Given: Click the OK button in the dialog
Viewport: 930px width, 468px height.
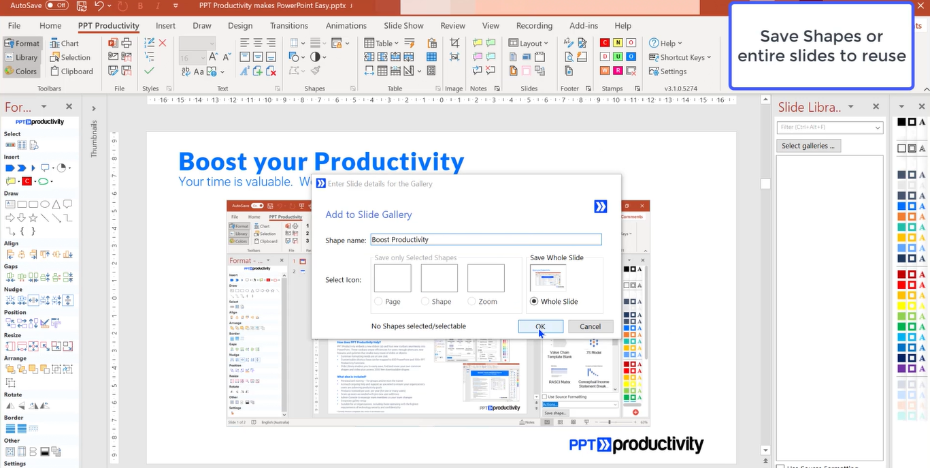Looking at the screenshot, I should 540,326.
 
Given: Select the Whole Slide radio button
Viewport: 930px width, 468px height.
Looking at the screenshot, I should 534,301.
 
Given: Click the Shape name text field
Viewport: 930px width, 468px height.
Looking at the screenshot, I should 486,240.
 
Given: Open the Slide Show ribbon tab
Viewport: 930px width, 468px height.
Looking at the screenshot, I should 403,26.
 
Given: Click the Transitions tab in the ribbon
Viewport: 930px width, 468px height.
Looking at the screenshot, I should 288,26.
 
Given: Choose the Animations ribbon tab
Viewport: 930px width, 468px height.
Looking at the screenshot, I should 346,26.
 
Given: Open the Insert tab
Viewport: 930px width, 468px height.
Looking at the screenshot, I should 165,26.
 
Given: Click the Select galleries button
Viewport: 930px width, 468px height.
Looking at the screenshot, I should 808,146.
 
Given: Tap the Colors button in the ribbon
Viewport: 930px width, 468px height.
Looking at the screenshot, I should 21,71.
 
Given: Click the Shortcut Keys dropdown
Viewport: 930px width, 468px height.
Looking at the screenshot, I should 680,57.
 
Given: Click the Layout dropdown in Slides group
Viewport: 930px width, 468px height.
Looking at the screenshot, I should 529,43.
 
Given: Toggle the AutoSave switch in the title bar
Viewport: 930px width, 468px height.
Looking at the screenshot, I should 56,5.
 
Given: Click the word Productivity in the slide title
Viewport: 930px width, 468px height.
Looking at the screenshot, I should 388,161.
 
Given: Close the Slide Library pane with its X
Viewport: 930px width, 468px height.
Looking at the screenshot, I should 876,107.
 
